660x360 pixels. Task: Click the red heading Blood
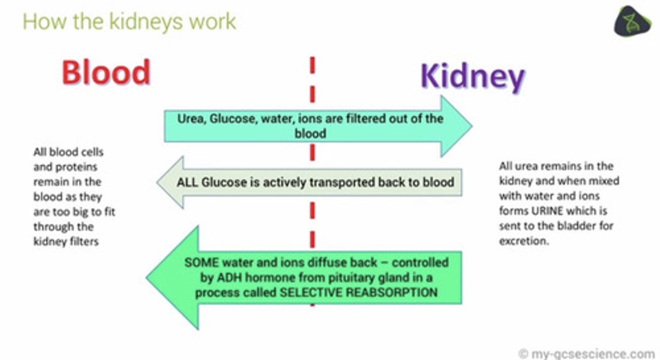[x=106, y=72]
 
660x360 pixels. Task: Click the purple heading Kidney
[x=473, y=76]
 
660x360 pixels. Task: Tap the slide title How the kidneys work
[x=129, y=22]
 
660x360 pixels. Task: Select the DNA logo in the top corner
[x=632, y=21]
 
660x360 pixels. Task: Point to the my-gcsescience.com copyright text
[x=587, y=354]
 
